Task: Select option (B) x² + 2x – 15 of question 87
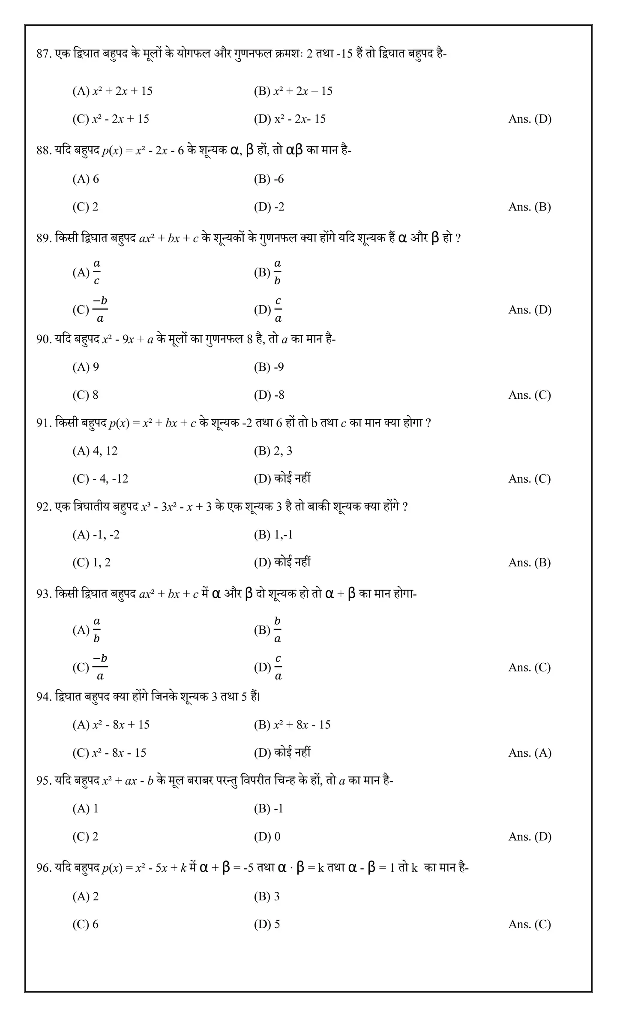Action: click(x=293, y=91)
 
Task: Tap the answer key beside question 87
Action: click(x=530, y=119)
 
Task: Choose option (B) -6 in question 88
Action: click(x=269, y=179)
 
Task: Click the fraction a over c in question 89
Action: click(x=97, y=272)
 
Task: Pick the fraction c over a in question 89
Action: click(x=278, y=310)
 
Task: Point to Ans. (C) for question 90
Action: click(x=530, y=395)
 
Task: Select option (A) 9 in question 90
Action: click(x=86, y=367)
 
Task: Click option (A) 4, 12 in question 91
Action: click(x=95, y=451)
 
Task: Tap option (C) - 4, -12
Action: click(x=100, y=479)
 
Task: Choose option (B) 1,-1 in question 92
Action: click(x=273, y=535)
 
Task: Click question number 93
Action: click(x=44, y=594)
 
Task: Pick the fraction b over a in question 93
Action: click(x=277, y=630)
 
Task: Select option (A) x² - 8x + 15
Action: click(x=111, y=725)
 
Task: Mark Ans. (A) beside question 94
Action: click(x=530, y=753)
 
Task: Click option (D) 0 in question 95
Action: click(x=267, y=836)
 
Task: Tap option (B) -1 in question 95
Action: click(x=269, y=809)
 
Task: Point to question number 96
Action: click(x=44, y=868)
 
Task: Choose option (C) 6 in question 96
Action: click(x=86, y=924)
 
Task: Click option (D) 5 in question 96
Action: click(x=267, y=924)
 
